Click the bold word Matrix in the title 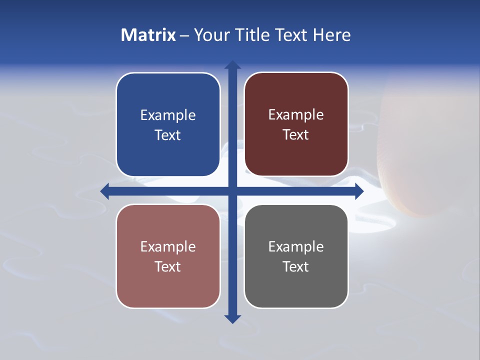(148, 35)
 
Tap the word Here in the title (332, 35)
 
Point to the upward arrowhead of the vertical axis (232, 64)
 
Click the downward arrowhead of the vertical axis (232, 319)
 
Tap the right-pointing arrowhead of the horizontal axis (359, 191)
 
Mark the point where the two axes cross (232, 191)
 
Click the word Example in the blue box (168, 115)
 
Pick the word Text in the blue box (168, 135)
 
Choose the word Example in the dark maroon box (296, 115)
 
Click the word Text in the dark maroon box (296, 135)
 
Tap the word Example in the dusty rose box (168, 247)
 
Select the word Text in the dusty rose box (168, 267)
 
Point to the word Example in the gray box (296, 247)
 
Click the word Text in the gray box (296, 267)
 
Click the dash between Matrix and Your (184, 35)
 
